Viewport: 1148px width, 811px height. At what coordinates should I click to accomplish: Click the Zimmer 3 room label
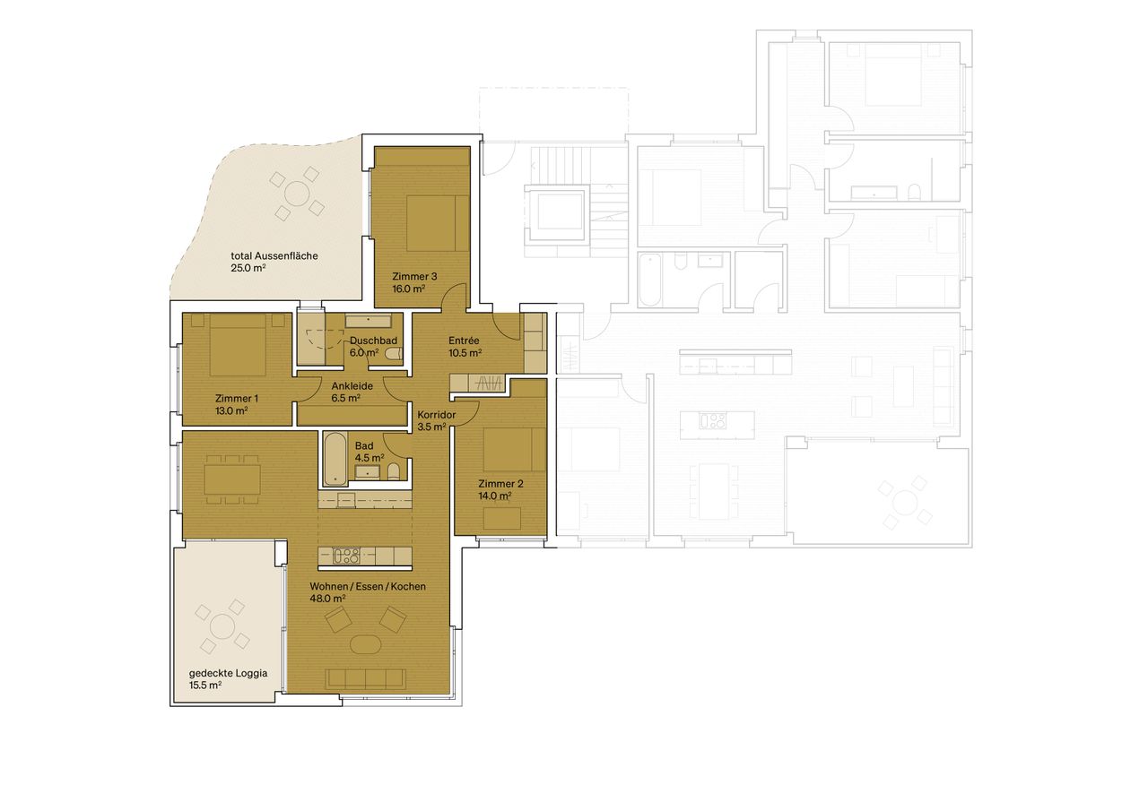tap(414, 277)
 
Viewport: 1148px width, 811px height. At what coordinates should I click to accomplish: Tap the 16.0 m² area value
tap(409, 289)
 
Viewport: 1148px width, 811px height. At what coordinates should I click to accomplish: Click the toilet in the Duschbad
tap(393, 355)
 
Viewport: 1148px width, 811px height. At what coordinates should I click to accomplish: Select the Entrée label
tap(464, 341)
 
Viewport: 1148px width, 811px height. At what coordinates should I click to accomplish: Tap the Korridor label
tap(437, 415)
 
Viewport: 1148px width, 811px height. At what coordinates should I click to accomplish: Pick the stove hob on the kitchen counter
tap(345, 556)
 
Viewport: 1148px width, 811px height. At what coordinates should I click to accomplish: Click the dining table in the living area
tap(232, 479)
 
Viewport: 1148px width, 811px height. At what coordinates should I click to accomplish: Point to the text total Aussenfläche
tap(273, 255)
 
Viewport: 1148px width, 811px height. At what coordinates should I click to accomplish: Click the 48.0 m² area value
tap(328, 599)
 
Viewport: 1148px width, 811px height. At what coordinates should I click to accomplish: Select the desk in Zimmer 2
tap(502, 518)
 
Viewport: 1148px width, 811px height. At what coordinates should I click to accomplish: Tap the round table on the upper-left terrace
tap(297, 193)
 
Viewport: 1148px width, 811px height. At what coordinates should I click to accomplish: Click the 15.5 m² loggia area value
tap(205, 685)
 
